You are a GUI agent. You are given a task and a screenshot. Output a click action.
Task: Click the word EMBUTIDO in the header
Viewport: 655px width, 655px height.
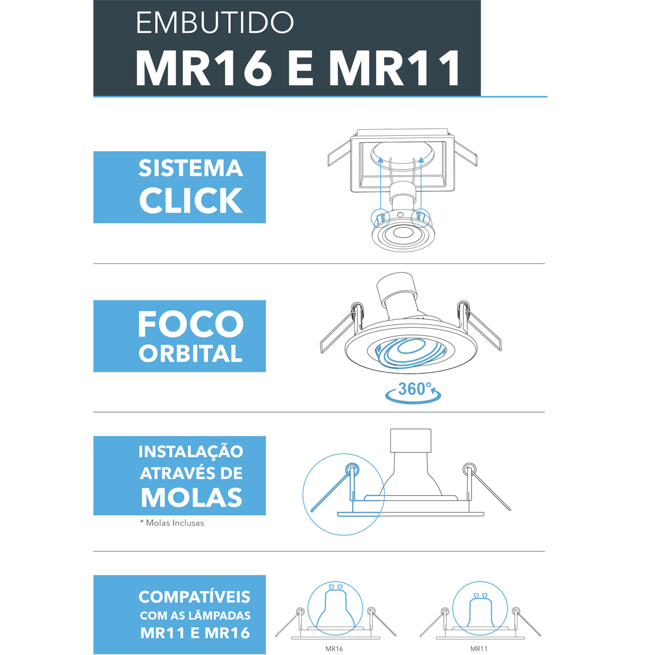click(x=215, y=22)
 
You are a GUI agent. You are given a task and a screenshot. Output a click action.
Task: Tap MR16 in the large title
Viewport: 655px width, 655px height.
click(x=204, y=69)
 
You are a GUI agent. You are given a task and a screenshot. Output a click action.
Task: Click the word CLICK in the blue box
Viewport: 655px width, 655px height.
click(x=190, y=200)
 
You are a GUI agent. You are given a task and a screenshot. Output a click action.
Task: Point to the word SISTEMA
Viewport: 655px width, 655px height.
click(x=190, y=168)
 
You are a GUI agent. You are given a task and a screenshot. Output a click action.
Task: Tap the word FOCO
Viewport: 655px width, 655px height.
click(x=190, y=324)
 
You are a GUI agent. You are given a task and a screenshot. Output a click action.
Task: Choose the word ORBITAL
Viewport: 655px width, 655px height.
click(x=190, y=354)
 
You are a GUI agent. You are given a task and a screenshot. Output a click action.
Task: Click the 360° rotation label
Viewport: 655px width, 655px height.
click(x=415, y=389)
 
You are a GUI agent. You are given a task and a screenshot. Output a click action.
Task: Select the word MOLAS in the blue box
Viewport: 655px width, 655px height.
click(x=192, y=497)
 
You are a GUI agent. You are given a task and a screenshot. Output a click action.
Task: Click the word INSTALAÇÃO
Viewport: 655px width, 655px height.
click(x=190, y=452)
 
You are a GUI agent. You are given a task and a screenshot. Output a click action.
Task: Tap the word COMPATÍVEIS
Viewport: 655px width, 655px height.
click(x=194, y=597)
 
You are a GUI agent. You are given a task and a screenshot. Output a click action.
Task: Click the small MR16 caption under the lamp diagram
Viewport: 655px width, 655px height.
click(x=334, y=649)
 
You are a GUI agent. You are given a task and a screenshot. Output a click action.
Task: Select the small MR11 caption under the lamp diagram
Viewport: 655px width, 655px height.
click(x=479, y=649)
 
